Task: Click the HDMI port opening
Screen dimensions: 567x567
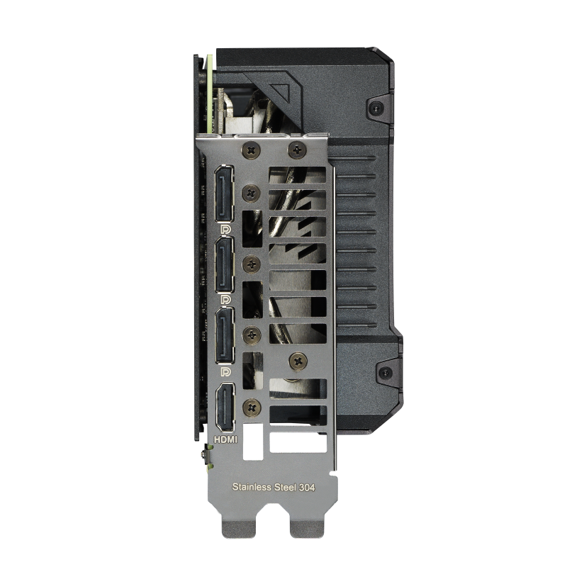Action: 225,408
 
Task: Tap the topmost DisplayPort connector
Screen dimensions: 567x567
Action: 225,193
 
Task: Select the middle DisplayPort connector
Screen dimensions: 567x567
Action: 225,264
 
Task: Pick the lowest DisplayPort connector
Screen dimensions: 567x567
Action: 225,335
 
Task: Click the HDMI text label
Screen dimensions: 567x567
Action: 225,439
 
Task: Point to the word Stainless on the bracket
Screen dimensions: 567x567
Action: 252,487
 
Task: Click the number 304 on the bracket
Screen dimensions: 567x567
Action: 307,488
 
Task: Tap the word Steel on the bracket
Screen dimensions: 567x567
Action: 285,487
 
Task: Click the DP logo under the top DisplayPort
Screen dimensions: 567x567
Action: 225,229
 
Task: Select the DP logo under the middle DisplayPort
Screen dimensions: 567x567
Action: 225,300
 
